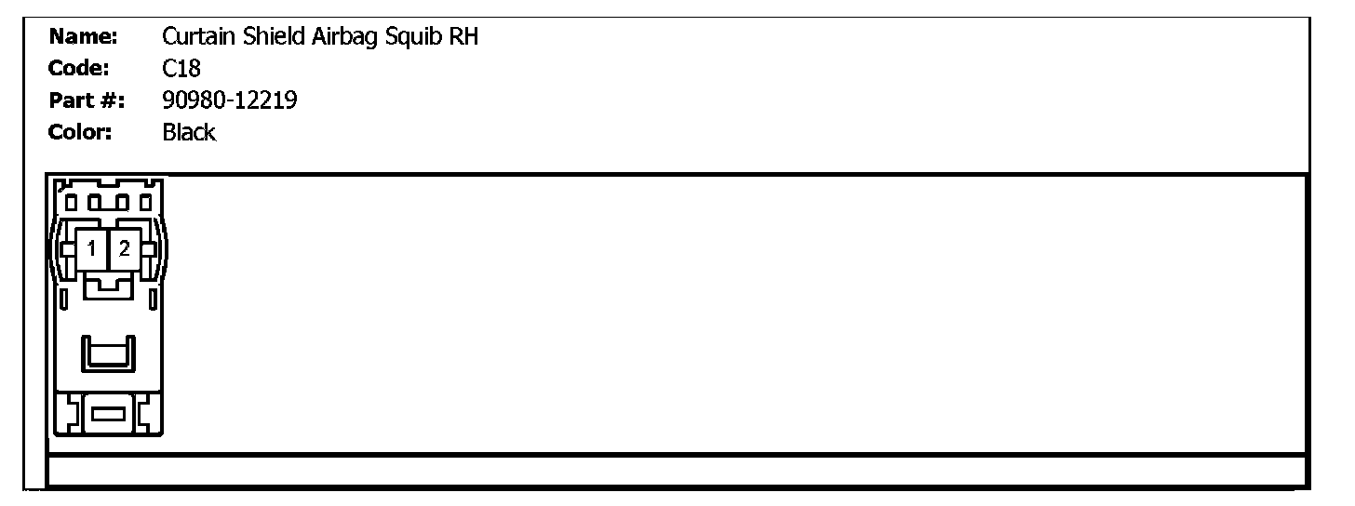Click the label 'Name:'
(83, 37)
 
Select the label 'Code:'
(80, 69)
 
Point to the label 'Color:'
(80, 132)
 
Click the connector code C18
(181, 69)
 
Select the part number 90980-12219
(230, 100)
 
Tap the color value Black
(189, 132)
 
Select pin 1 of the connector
(92, 248)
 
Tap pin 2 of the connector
(125, 248)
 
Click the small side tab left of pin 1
(67, 249)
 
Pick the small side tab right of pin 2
(149, 249)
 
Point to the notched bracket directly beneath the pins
(109, 286)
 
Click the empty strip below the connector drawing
(677, 471)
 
